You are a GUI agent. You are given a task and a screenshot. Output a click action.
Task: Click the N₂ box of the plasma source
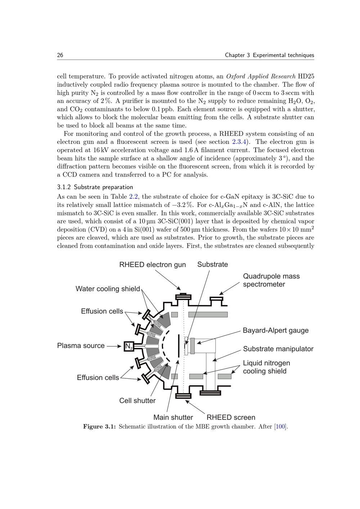pyautogui.click(x=129, y=346)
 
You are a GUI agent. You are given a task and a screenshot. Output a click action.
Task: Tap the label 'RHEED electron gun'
pyautogui.click(x=152, y=265)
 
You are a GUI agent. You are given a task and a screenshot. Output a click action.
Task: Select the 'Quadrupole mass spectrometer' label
pyautogui.click(x=271, y=280)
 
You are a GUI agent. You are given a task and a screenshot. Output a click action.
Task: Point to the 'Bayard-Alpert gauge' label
pyautogui.click(x=275, y=330)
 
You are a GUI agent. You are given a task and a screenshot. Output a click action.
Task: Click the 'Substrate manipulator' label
pyautogui.click(x=278, y=349)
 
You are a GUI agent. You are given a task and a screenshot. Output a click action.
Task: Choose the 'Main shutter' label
pyautogui.click(x=173, y=417)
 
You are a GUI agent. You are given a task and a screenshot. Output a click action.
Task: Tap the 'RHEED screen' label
pyautogui.click(x=231, y=417)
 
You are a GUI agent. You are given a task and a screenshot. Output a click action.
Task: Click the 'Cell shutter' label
pyautogui.click(x=137, y=401)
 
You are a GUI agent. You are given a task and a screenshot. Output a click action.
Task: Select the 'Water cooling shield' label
pyautogui.click(x=108, y=289)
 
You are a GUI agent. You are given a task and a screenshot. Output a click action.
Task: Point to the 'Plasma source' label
pyautogui.click(x=81, y=346)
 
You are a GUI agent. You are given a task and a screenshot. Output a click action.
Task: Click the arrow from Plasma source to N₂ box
pyautogui.click(x=114, y=346)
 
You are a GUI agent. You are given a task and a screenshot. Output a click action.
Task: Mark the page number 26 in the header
pyautogui.click(x=60, y=55)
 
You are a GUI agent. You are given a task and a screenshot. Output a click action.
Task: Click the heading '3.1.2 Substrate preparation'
pyautogui.click(x=95, y=187)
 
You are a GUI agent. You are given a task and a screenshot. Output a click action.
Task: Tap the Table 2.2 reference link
pyautogui.click(x=133, y=197)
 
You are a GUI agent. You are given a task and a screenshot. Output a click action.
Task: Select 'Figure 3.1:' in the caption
pyautogui.click(x=99, y=427)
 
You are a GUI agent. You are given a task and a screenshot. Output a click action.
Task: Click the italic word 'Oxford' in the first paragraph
pyautogui.click(x=236, y=76)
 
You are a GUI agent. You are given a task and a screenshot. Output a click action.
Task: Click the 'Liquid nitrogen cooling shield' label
pyautogui.click(x=266, y=367)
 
